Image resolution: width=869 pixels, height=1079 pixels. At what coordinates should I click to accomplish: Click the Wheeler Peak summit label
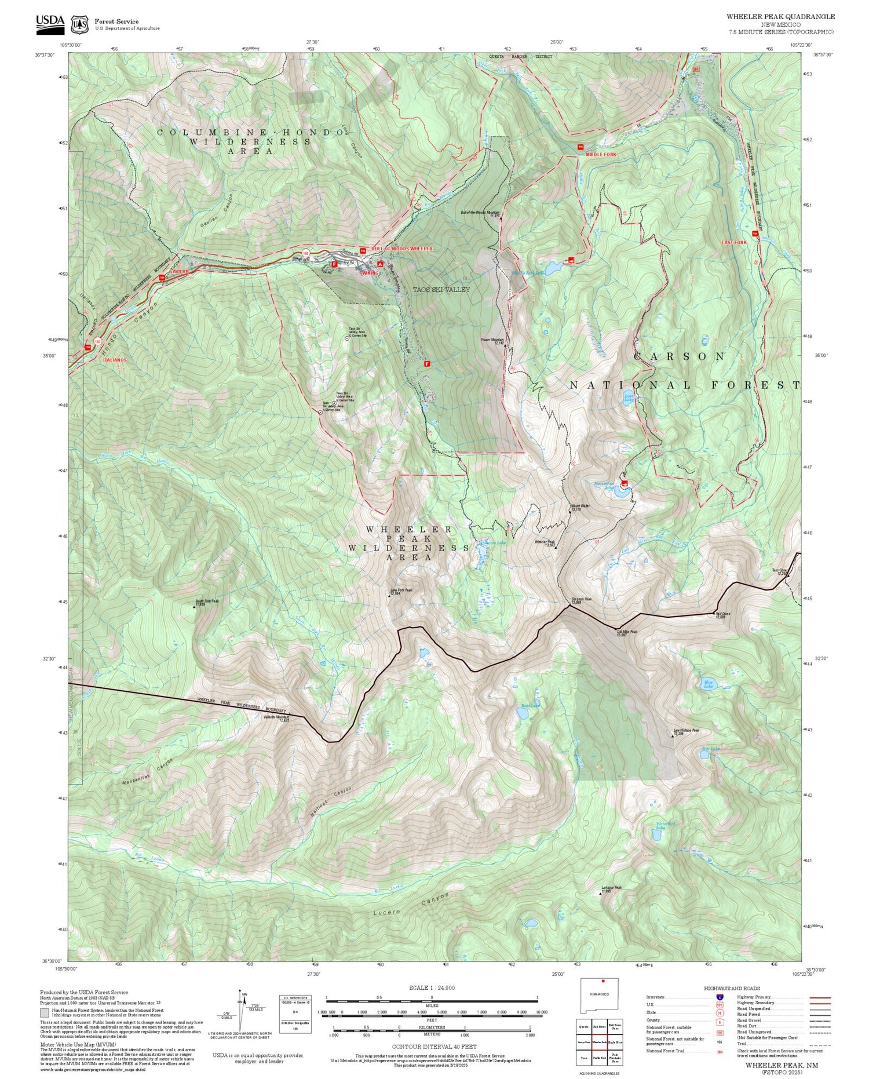tap(545, 542)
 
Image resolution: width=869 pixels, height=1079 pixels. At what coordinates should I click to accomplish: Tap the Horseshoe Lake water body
tap(622, 493)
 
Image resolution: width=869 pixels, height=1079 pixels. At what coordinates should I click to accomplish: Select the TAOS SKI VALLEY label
tap(441, 289)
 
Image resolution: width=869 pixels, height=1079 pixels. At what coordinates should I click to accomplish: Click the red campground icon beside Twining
tap(379, 264)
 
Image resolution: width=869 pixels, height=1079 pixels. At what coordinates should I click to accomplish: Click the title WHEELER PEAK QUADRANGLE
tap(780, 17)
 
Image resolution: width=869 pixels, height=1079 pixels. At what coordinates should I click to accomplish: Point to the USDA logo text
tap(50, 21)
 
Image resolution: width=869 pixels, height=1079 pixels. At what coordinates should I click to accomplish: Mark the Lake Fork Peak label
tap(401, 591)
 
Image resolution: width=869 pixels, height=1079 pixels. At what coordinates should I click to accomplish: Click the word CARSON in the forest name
tap(679, 356)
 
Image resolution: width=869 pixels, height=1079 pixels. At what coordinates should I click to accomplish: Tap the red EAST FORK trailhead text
tap(734, 242)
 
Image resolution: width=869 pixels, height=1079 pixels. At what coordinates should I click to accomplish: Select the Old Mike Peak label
tap(627, 633)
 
